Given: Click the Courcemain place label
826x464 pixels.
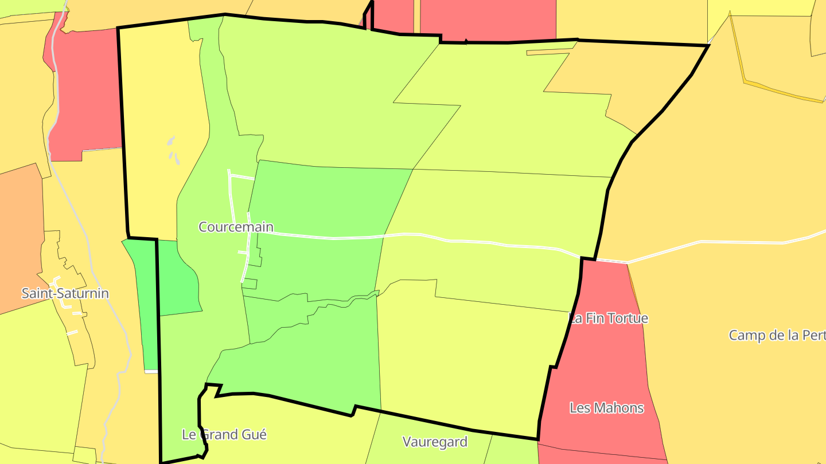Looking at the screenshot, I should (236, 227).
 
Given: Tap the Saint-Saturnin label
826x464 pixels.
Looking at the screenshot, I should (65, 293).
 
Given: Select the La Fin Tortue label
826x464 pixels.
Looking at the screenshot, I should (608, 318).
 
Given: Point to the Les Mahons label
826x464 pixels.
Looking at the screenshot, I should (606, 408).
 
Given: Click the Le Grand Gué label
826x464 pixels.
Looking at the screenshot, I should (224, 434).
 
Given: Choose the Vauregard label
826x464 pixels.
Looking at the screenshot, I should (435, 442).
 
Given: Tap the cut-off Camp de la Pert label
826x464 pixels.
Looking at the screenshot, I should (777, 335).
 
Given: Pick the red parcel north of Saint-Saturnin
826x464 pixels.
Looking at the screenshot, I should (86, 92).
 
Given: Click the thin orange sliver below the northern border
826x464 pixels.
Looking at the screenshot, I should (548, 53).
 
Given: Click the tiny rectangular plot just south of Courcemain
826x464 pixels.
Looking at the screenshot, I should (251, 284).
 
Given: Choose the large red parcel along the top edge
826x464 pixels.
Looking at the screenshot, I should (488, 20).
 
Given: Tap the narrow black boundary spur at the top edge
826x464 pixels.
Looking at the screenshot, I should (368, 14).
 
